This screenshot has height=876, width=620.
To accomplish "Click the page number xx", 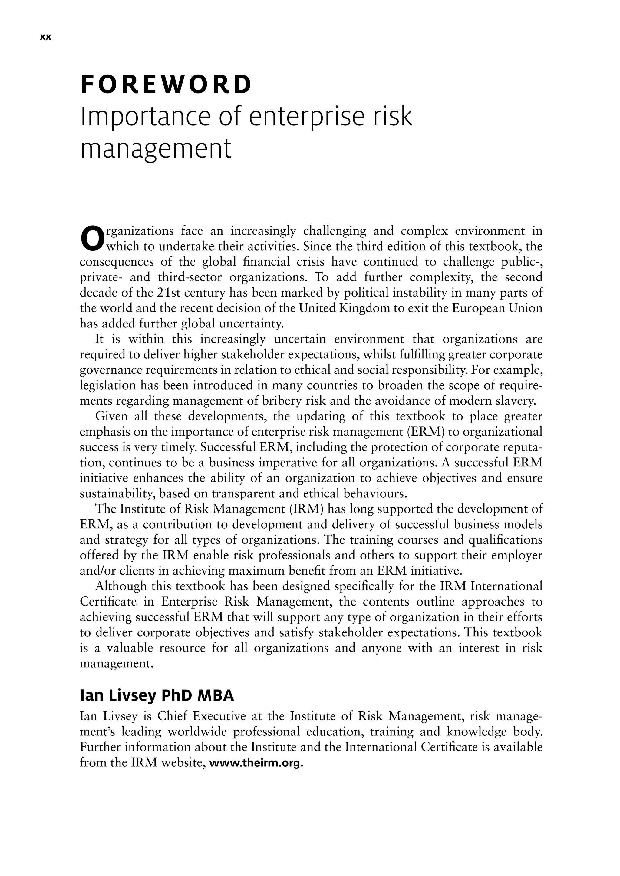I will point(45,38).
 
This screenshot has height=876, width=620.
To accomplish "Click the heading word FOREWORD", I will point(167,85).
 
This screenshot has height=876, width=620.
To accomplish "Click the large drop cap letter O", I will point(92,239).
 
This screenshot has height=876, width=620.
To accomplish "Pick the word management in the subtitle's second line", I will point(156,149).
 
